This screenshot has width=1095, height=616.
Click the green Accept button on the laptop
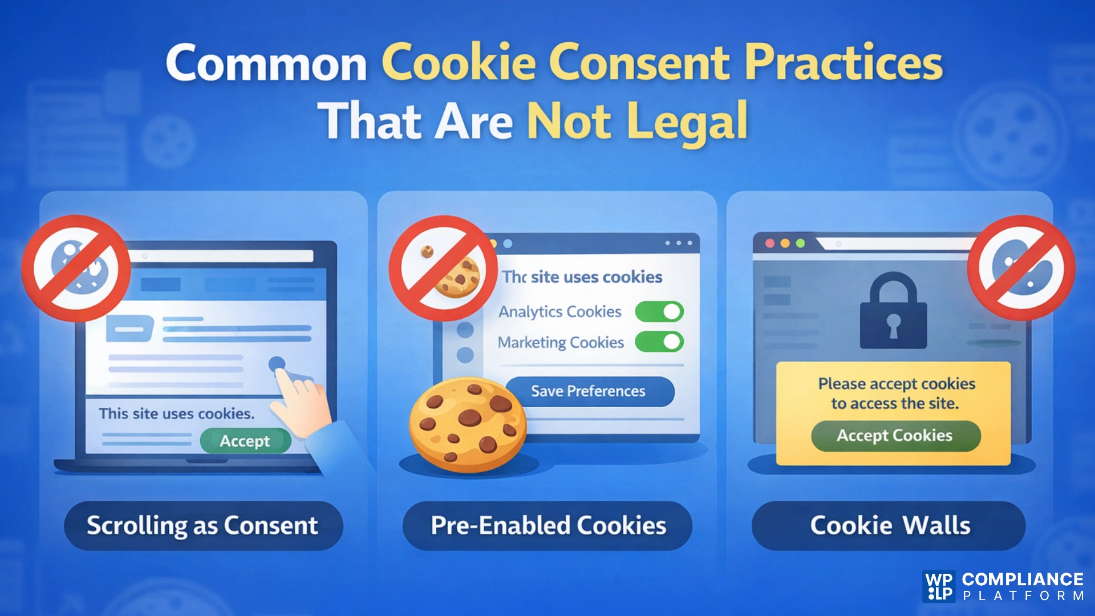pyautogui.click(x=245, y=441)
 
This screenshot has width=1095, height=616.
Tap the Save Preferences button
pyautogui.click(x=589, y=391)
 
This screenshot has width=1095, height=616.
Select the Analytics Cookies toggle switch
pyautogui.click(x=659, y=312)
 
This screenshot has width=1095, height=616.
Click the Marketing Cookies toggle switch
pyautogui.click(x=659, y=342)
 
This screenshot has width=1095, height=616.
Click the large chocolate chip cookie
pyautogui.click(x=468, y=425)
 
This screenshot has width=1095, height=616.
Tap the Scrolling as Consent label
pyautogui.click(x=202, y=525)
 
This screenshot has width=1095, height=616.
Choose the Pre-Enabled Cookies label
pyautogui.click(x=548, y=525)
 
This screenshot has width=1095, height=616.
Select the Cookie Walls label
pyautogui.click(x=890, y=525)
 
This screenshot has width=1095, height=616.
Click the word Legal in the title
pyautogui.click(x=687, y=121)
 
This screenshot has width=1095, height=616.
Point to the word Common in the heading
pyautogui.click(x=266, y=64)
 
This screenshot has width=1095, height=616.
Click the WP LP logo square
pyautogui.click(x=938, y=586)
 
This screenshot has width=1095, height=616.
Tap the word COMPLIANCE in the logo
pyautogui.click(x=1022, y=579)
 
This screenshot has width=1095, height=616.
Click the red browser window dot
pyautogui.click(x=769, y=244)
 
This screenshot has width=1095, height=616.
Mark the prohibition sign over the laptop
pyautogui.click(x=76, y=268)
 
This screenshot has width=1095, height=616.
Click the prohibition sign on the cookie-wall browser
pyautogui.click(x=1021, y=268)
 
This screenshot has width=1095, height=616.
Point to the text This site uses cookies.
pyautogui.click(x=177, y=414)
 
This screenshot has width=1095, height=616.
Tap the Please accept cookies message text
pyautogui.click(x=896, y=394)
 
